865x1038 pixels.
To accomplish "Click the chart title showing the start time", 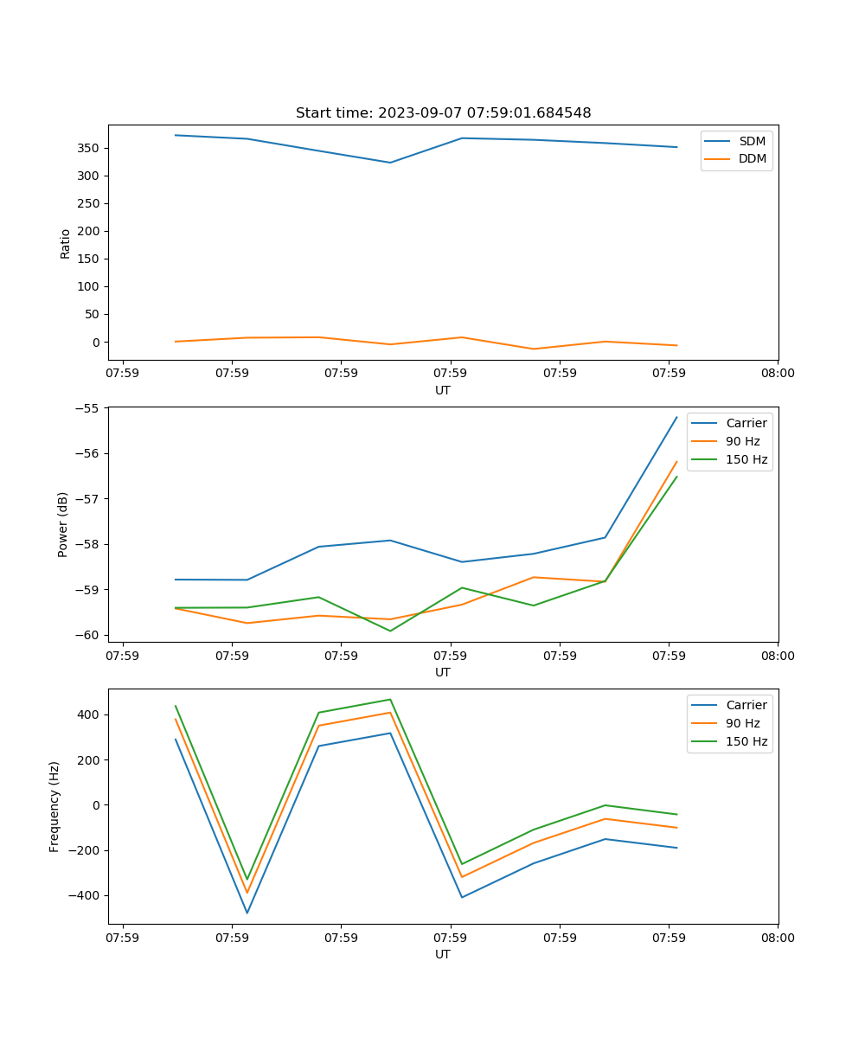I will (x=443, y=113).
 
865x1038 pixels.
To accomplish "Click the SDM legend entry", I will (x=752, y=141).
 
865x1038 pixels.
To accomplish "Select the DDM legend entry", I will (x=752, y=158).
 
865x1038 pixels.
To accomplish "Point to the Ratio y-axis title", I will (x=65, y=243).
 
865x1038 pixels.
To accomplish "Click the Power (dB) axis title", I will (x=63, y=525).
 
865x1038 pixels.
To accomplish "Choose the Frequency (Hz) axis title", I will (x=54, y=806).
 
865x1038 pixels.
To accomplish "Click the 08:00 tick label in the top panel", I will (x=777, y=373).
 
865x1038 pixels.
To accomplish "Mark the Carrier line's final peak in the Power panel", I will (x=676, y=418).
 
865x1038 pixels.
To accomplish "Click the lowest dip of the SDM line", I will (x=390, y=163).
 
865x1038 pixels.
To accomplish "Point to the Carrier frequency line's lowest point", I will (x=247, y=913).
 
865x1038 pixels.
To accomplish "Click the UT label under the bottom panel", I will (x=443, y=954).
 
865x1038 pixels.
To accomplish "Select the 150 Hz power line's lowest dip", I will (x=390, y=631).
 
